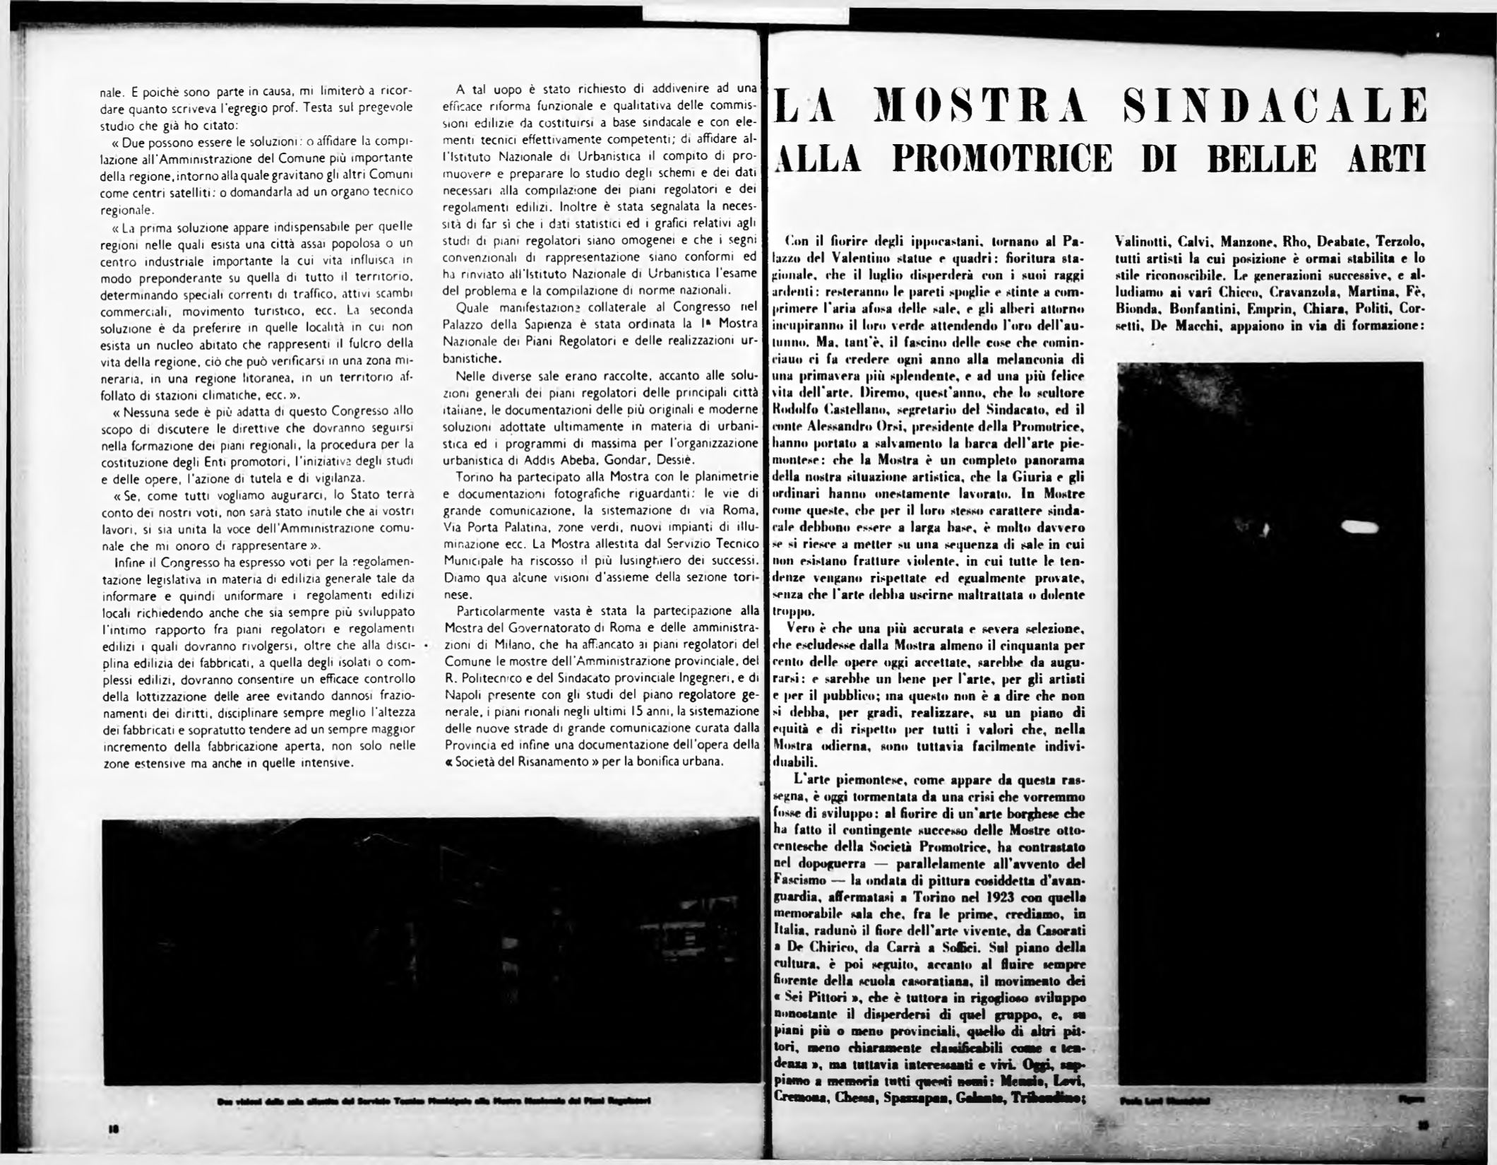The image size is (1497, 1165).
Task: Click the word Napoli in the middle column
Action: coord(465,694)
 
